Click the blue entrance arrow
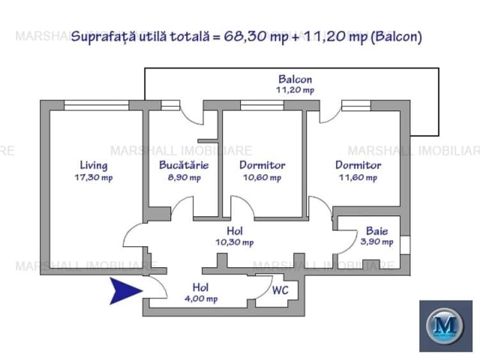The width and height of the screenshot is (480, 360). [125, 290]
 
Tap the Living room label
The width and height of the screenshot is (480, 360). [94, 166]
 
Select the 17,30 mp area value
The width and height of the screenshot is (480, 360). [94, 178]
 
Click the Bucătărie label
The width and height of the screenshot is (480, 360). [184, 166]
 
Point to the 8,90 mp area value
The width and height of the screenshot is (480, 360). [184, 178]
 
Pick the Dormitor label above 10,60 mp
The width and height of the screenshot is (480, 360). [262, 166]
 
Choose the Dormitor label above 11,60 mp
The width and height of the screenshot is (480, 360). [358, 166]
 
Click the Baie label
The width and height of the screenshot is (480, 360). [376, 230]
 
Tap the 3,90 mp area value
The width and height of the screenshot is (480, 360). [376, 242]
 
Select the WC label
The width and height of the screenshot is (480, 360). [281, 290]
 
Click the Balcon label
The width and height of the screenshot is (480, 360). [295, 80]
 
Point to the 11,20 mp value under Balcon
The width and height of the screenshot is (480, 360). [295, 91]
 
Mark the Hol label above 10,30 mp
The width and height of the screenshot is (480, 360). [234, 230]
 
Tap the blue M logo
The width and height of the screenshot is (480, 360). [445, 325]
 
